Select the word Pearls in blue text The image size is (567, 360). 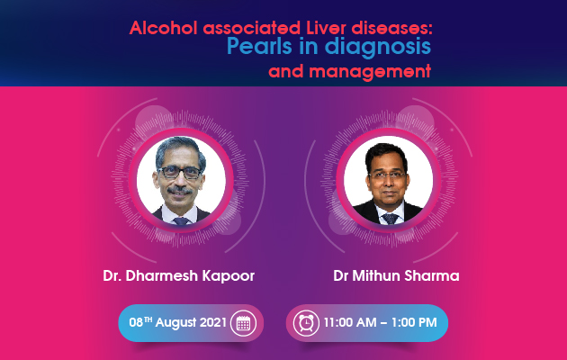pos(259,47)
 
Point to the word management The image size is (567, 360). pos(370,71)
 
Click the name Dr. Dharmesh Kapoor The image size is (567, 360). pos(178,275)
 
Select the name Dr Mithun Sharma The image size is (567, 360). pos(396,275)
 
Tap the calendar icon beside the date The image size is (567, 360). pos(243,323)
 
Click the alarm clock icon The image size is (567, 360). pos(306,323)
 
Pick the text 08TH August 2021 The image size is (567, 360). pos(178,322)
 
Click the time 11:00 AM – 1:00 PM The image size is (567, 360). pos(380,322)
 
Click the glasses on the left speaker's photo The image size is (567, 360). pos(180,173)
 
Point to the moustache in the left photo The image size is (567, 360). pos(180,190)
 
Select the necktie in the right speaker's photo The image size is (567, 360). pos(391,219)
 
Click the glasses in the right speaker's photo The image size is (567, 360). pos(387,175)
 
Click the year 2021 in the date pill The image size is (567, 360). pos(213,322)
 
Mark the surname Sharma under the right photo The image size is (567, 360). pos(432,275)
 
